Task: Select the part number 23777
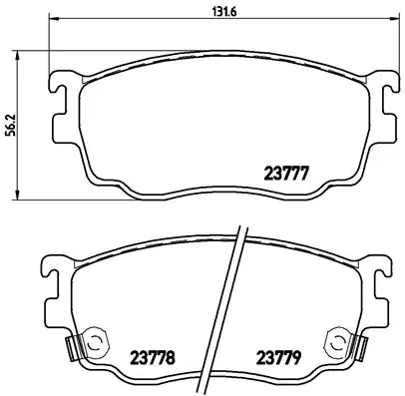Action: click(x=284, y=172)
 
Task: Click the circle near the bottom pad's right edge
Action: click(x=335, y=342)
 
